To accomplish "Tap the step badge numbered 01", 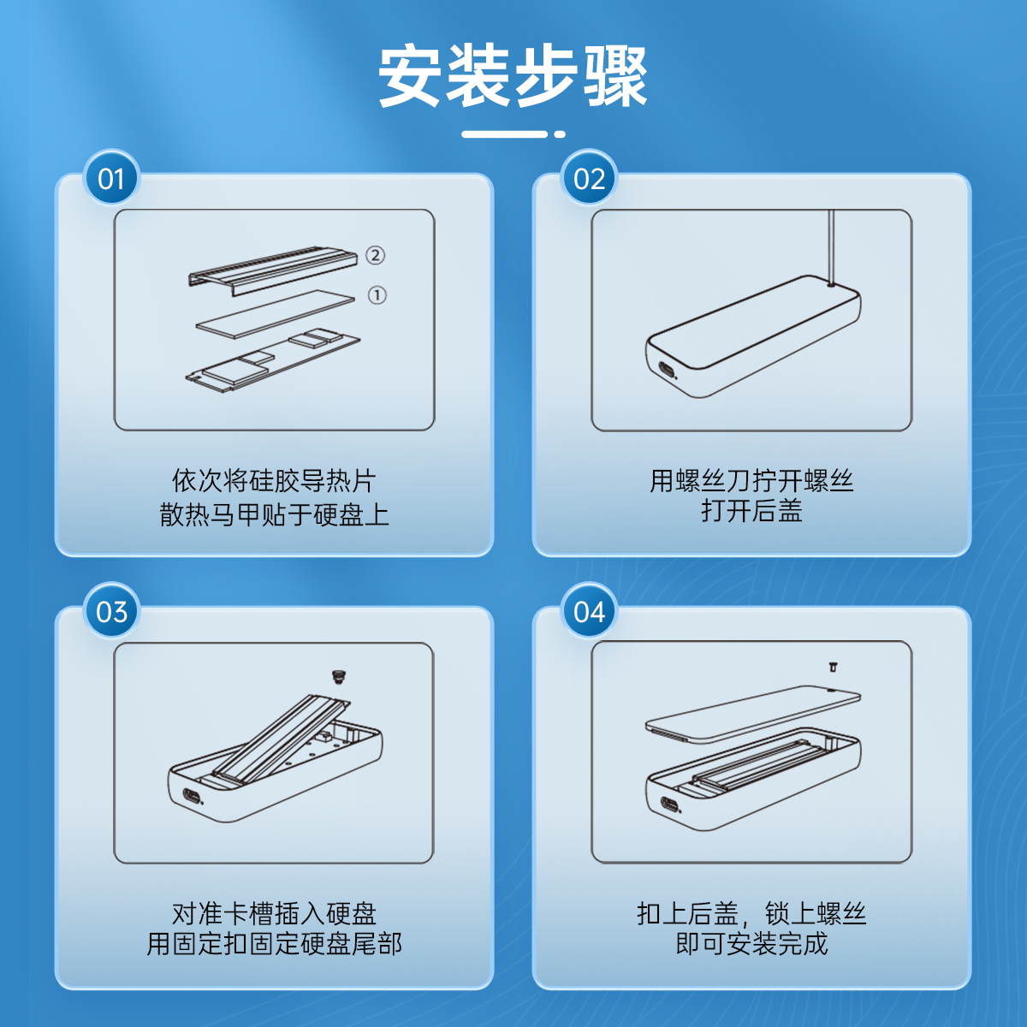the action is pyautogui.click(x=111, y=178).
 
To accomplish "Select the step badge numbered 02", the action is pyautogui.click(x=589, y=178).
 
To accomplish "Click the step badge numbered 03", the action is pyautogui.click(x=111, y=611).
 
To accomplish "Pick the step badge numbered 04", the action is pyautogui.click(x=589, y=611).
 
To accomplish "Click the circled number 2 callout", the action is pyautogui.click(x=375, y=255).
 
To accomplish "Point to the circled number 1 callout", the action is pyautogui.click(x=377, y=294).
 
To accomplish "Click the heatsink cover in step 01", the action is pyautogui.click(x=272, y=270).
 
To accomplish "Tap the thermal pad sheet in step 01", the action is pyautogui.click(x=275, y=314).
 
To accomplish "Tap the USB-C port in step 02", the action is pyautogui.click(x=667, y=370).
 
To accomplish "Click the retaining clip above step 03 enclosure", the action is pyautogui.click(x=337, y=677).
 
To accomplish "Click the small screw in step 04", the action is pyautogui.click(x=833, y=668).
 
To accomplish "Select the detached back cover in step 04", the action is pyautogui.click(x=752, y=714).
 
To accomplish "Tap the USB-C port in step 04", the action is pyautogui.click(x=668, y=804).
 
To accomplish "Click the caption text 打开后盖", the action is pyautogui.click(x=751, y=511).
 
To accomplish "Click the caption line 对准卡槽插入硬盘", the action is pyautogui.click(x=274, y=913).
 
